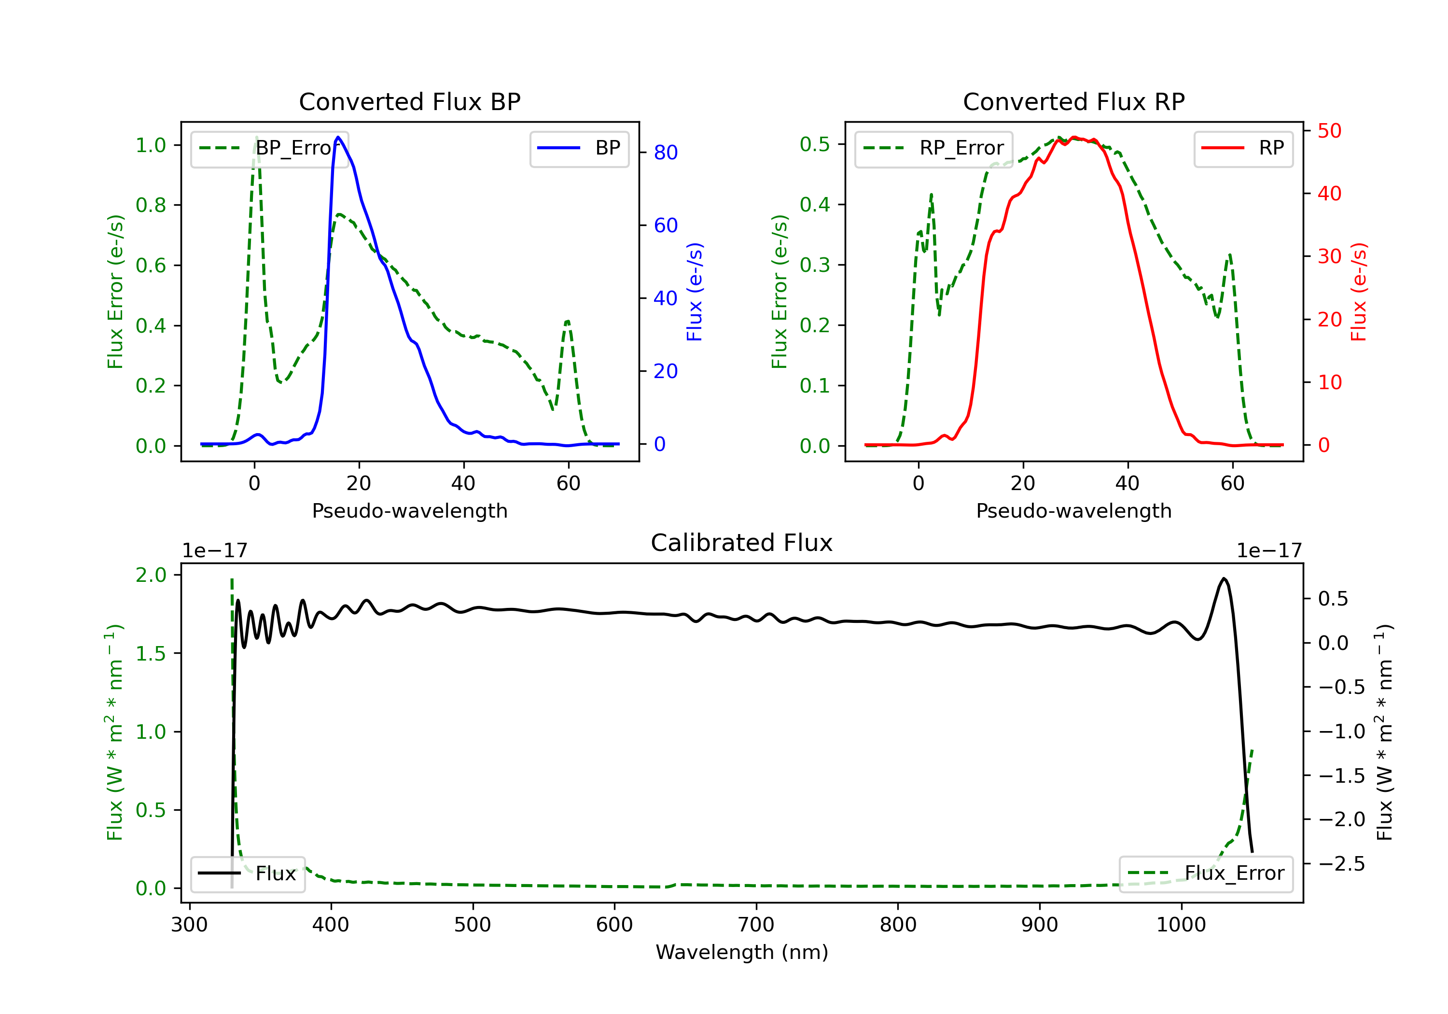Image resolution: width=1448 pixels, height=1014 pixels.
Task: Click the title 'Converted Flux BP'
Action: click(409, 101)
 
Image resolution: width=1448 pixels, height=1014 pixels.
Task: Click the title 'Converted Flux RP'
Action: click(1073, 101)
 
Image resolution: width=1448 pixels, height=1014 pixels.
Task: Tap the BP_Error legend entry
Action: click(270, 148)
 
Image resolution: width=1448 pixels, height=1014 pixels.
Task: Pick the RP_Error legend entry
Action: click(934, 148)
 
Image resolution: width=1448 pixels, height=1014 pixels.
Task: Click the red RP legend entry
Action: click(1243, 148)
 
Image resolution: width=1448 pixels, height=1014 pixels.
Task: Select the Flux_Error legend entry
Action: click(1206, 873)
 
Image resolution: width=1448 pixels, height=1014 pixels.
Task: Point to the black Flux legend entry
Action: click(248, 873)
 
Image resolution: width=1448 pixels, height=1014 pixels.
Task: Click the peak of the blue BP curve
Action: click(339, 137)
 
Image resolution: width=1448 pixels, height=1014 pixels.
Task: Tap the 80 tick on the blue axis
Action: click(665, 153)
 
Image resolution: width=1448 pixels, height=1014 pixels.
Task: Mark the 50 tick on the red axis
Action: click(1329, 131)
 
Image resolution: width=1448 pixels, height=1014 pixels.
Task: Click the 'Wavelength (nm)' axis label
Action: click(742, 952)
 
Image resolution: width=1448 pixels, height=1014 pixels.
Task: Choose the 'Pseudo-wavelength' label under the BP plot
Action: click(409, 510)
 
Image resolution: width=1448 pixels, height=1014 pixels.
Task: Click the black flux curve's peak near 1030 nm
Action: click(1224, 578)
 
